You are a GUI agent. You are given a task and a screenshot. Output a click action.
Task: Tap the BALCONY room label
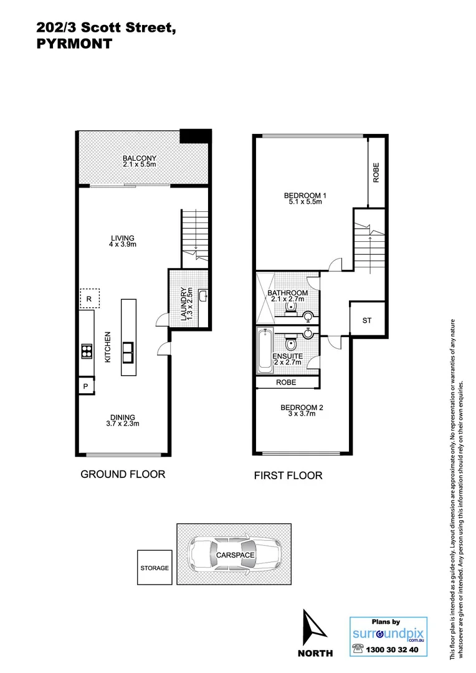tap(139, 158)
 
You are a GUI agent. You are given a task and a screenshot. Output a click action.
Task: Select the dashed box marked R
tap(89, 299)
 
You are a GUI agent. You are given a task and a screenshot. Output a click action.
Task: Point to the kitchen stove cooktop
tap(86, 352)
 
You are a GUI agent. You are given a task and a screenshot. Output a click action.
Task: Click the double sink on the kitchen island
tap(128, 352)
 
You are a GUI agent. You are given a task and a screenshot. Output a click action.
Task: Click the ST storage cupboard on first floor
tap(367, 320)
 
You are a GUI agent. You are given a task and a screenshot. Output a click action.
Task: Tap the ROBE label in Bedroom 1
tap(376, 172)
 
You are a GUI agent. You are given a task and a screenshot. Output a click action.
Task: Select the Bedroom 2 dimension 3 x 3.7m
tap(302, 414)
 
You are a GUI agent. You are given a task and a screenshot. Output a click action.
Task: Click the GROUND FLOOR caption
tap(123, 474)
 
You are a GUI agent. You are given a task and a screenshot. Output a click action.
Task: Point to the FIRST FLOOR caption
tap(288, 475)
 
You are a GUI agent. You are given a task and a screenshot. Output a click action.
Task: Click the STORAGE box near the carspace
tap(154, 568)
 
